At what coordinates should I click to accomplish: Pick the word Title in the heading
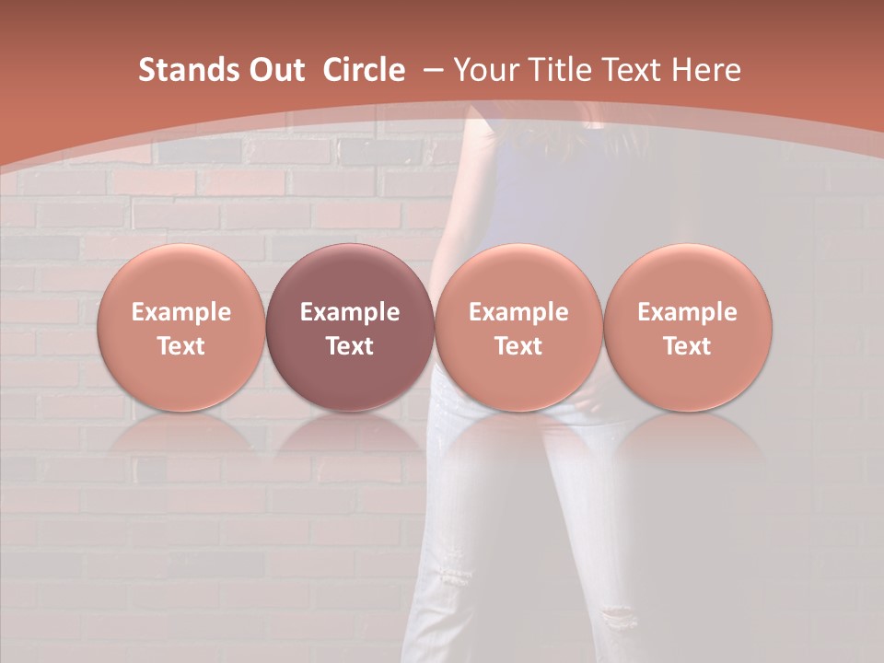[561, 70]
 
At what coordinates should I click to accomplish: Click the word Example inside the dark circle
[350, 312]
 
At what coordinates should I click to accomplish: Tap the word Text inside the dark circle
[350, 346]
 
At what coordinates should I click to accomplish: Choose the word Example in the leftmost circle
[180, 312]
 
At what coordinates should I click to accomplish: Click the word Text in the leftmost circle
[180, 346]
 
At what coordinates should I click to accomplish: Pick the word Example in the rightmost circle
[687, 312]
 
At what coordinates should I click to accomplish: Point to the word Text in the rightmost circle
[687, 346]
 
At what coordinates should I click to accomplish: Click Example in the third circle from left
[518, 312]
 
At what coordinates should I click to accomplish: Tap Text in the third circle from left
[518, 346]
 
